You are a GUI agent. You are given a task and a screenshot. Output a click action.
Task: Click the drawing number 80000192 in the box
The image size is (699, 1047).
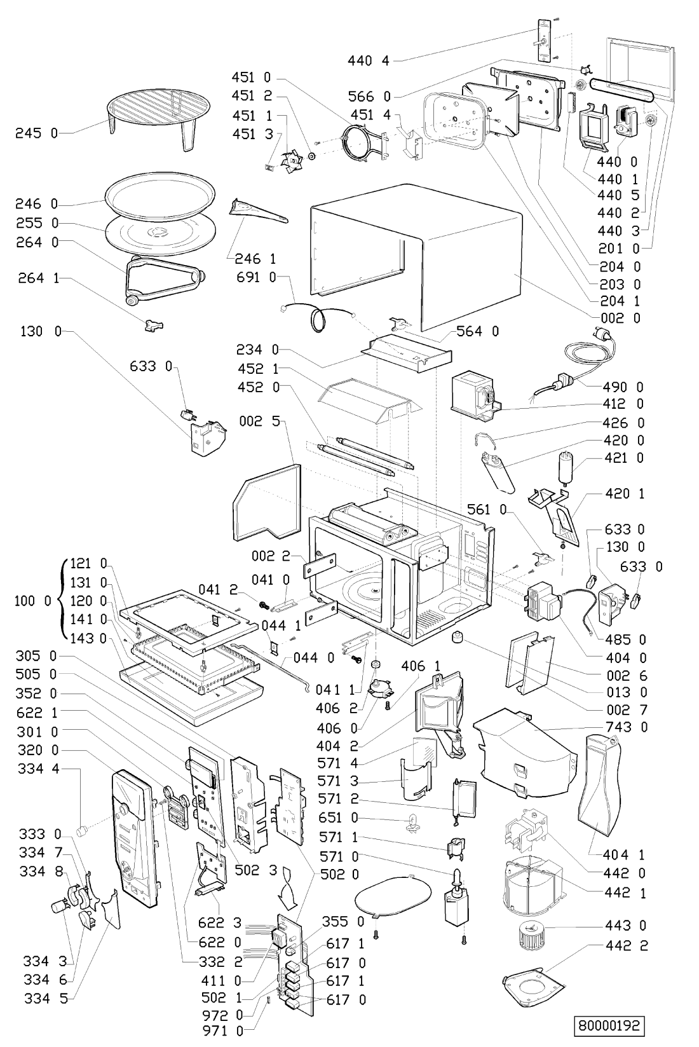(609, 1025)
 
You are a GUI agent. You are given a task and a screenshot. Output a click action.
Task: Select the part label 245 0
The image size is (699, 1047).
(36, 133)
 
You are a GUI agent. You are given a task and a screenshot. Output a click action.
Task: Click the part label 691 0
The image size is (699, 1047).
(257, 277)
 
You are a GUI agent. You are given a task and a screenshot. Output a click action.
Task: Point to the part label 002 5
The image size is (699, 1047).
(260, 421)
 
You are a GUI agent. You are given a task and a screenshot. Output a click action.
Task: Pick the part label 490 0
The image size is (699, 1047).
(622, 387)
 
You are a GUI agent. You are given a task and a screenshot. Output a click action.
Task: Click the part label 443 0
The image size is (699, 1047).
(626, 925)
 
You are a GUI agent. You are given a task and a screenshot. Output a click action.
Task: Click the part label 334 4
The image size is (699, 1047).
(39, 769)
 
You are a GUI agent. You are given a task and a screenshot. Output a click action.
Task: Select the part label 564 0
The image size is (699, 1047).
(477, 331)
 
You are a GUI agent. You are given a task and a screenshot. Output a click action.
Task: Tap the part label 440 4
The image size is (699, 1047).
(368, 60)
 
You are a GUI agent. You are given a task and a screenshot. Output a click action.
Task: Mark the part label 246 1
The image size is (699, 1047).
(255, 259)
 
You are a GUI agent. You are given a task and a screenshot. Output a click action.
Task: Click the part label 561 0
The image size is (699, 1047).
(487, 509)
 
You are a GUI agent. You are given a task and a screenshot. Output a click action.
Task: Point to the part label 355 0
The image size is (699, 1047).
(343, 921)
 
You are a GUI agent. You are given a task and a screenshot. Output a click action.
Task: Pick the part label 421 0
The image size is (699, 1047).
(624, 458)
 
